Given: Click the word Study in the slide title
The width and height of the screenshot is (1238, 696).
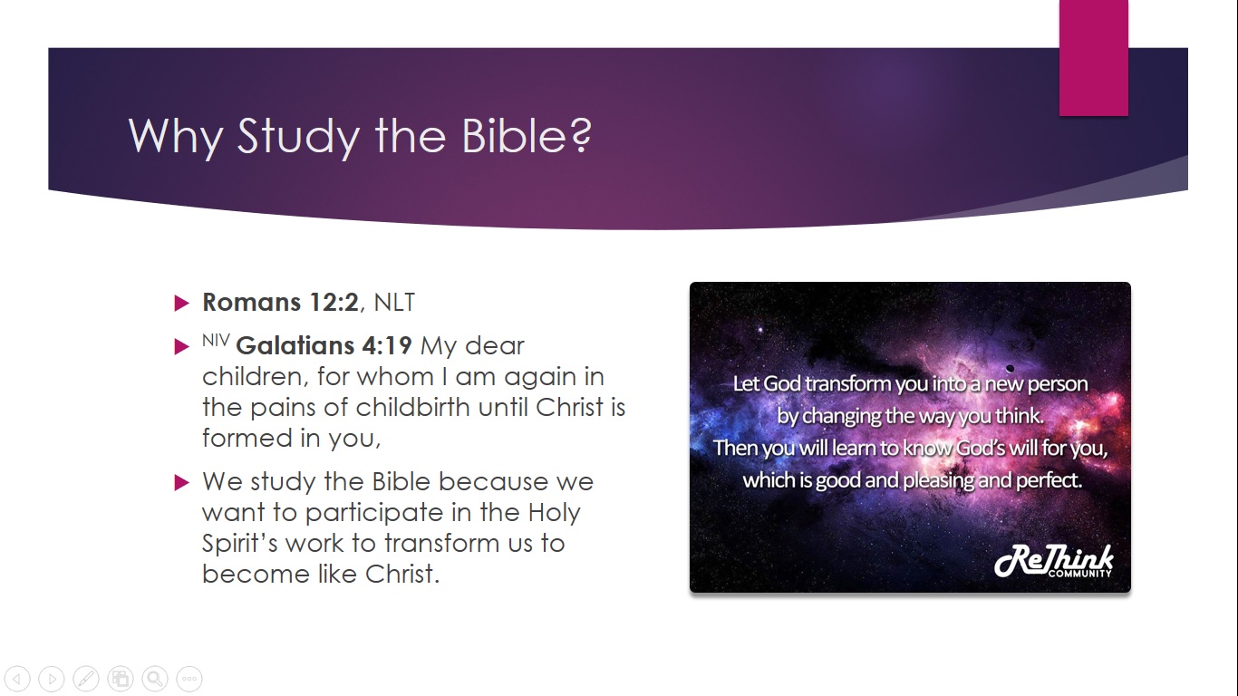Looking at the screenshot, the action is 298,137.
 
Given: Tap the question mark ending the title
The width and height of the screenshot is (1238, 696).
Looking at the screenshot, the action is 580,134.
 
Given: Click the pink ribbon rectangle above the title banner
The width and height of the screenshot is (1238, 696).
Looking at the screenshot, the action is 1093,57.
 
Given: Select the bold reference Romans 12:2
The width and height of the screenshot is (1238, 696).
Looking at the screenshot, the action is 281,302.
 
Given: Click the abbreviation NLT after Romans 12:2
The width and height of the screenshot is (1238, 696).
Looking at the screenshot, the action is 394,303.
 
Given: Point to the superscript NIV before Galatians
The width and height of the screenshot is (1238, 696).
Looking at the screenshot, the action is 216,340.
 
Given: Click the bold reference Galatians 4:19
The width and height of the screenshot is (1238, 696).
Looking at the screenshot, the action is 324,345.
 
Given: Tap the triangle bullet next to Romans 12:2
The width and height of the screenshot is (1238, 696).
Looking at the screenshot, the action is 181,303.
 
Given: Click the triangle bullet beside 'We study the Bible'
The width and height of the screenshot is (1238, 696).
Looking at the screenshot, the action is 181,482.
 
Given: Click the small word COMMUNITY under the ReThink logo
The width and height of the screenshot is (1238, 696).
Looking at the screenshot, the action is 1080,574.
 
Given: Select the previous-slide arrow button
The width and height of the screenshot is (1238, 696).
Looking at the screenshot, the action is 17,678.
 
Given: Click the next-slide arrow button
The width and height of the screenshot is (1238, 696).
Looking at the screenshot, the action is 52,678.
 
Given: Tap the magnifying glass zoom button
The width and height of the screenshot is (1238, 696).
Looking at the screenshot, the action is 155,678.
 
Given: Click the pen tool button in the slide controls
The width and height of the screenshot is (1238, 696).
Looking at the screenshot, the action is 86,678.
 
